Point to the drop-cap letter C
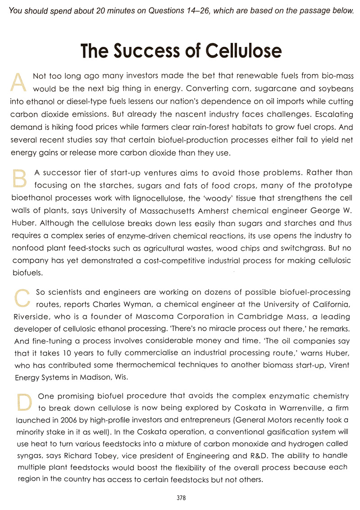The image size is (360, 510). point(20,297)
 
